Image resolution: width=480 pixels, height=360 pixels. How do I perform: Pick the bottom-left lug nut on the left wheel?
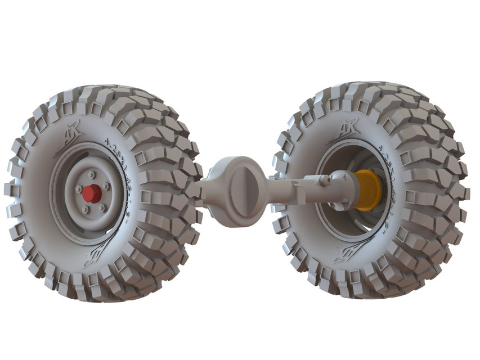pyautogui.click(x=85, y=210)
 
